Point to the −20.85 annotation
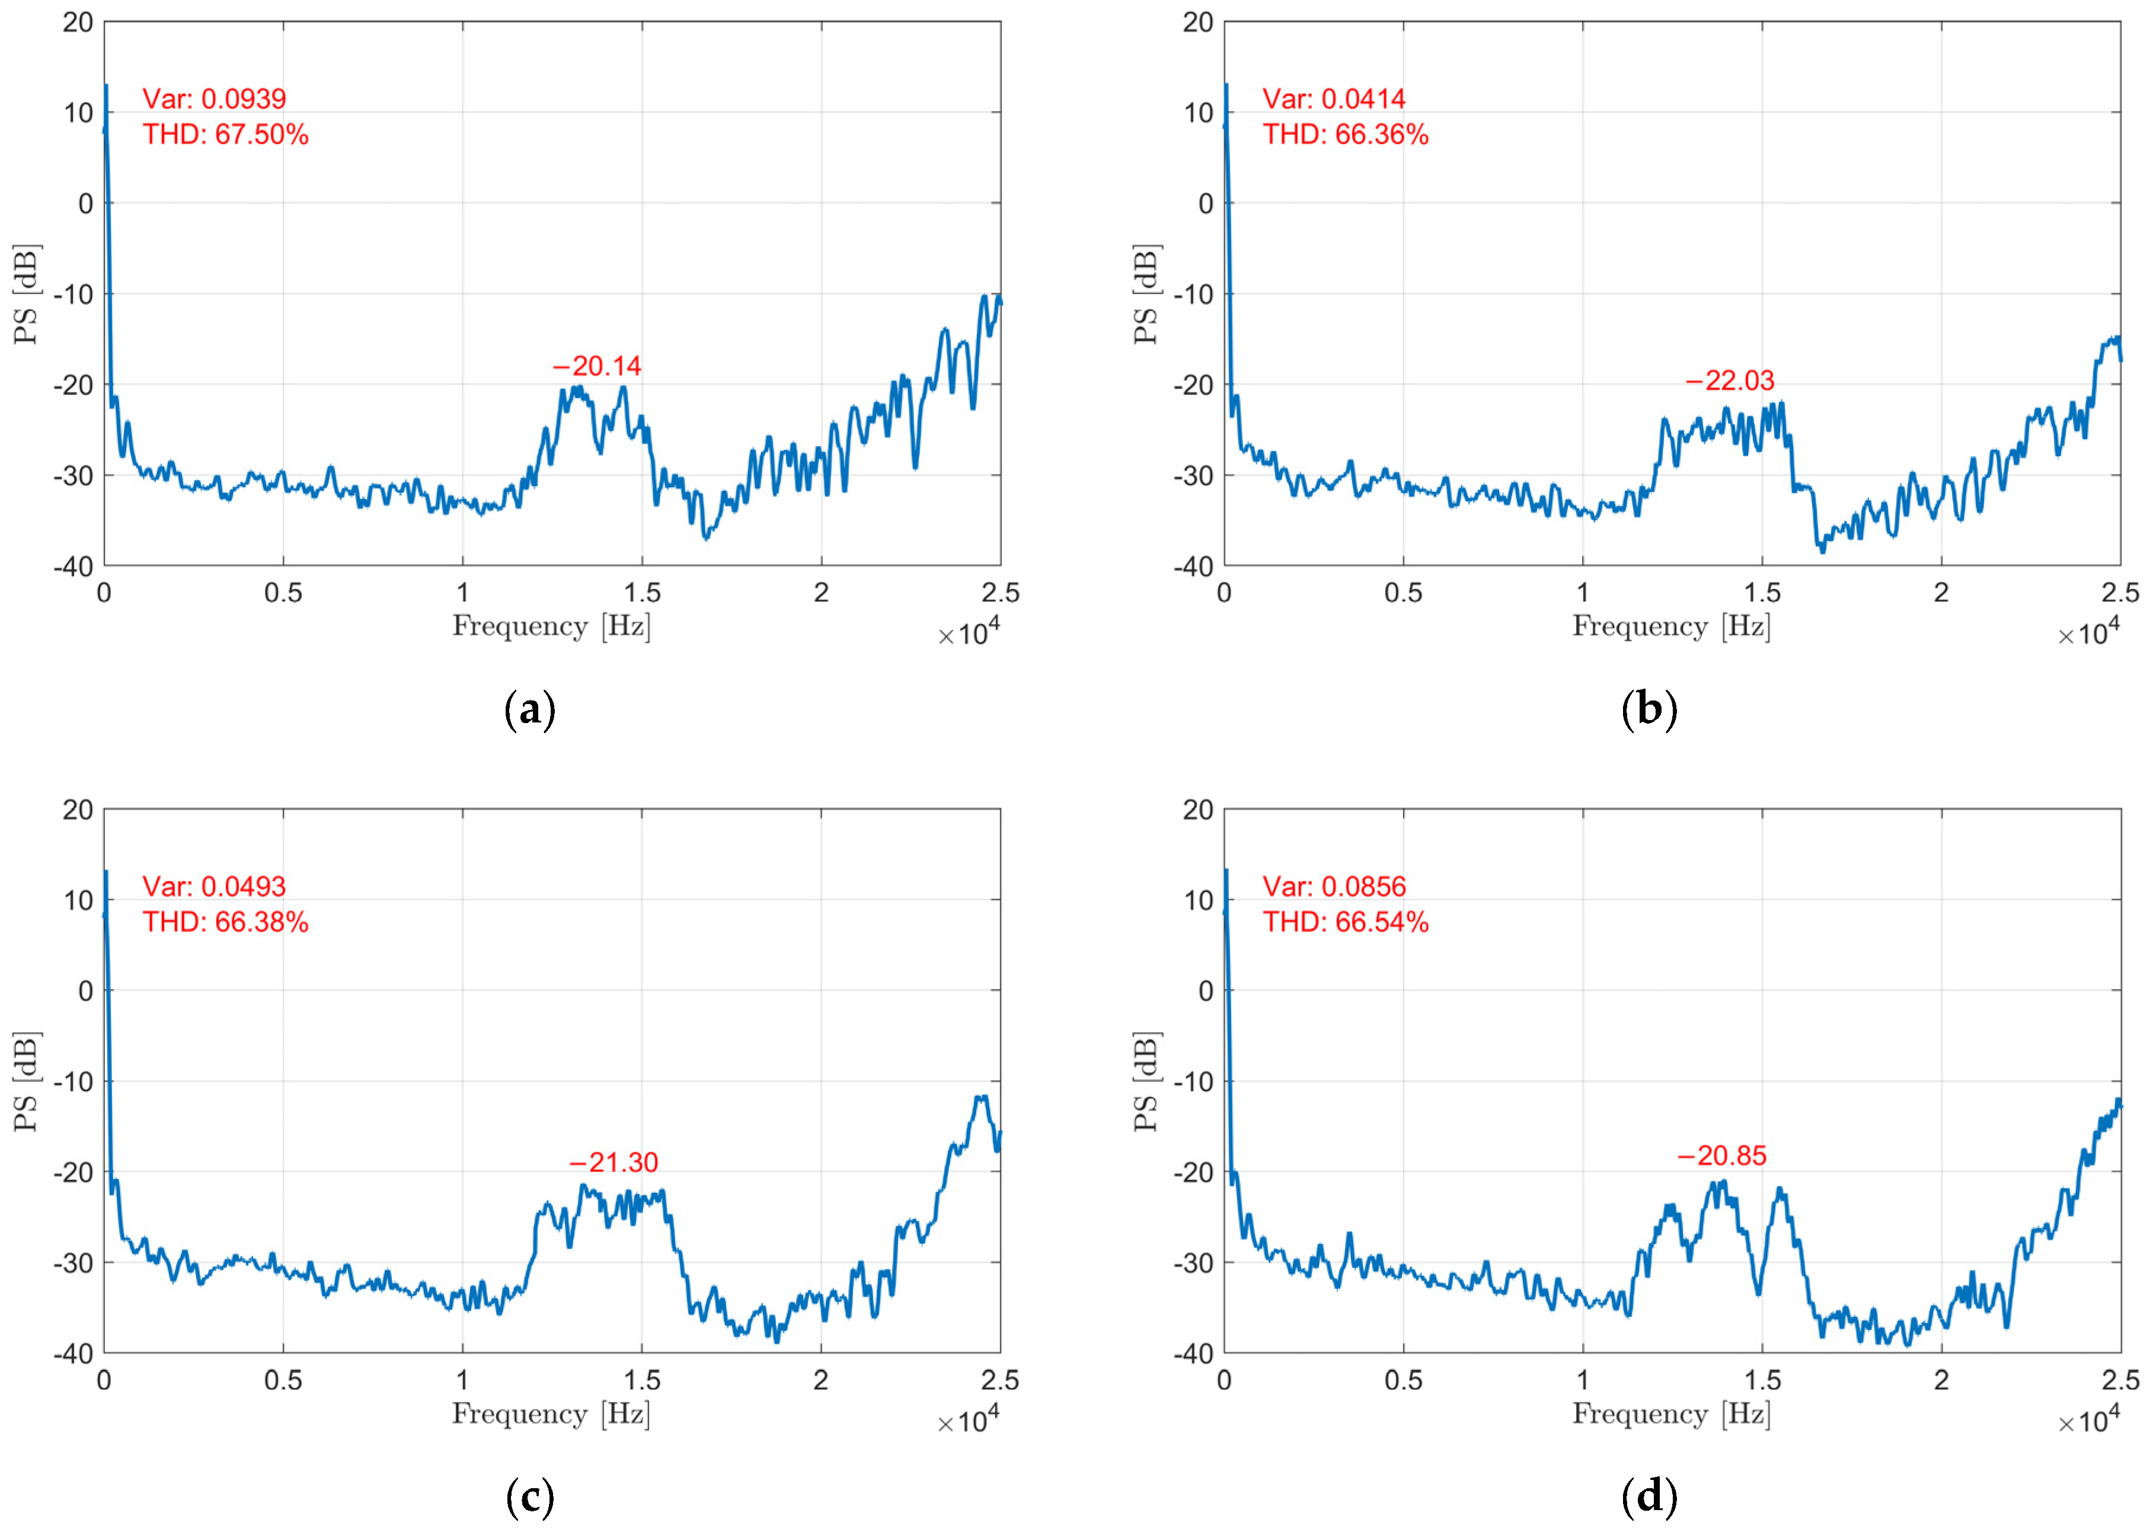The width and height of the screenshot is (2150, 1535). click(x=1721, y=1155)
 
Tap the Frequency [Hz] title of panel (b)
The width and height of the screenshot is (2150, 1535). click(x=1670, y=626)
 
